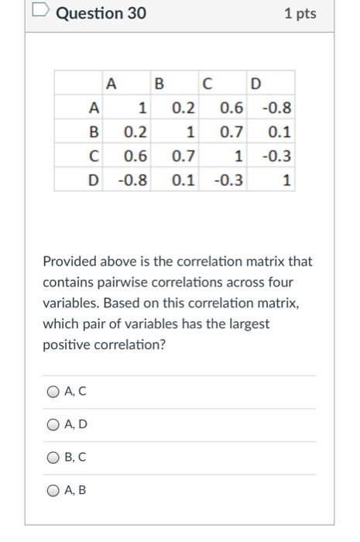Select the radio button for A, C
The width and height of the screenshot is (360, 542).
(53, 392)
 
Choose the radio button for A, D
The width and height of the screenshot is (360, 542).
(53, 424)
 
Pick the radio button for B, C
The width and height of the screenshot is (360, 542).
(53, 457)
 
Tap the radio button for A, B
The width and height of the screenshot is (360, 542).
(53, 489)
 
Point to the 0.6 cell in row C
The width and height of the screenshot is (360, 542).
(136, 156)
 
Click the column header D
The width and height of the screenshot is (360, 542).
(255, 82)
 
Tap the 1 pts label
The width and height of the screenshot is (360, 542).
(300, 14)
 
